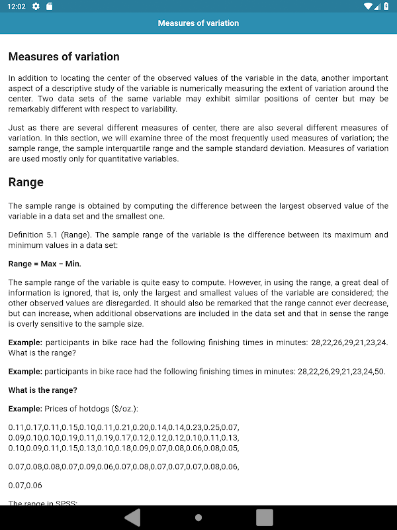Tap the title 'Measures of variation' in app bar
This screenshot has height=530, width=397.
click(198, 23)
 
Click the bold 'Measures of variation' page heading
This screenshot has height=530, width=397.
click(64, 57)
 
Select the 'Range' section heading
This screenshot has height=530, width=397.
click(26, 182)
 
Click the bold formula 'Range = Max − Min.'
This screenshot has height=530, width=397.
click(45, 264)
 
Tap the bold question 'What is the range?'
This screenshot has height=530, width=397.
click(43, 390)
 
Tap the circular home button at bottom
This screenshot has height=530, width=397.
click(198, 517)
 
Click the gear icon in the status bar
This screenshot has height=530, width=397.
click(36, 7)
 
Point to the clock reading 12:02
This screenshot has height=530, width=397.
click(17, 7)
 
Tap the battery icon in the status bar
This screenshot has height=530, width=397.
click(386, 7)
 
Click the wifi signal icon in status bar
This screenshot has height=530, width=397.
click(369, 7)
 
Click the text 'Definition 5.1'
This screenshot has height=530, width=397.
click(32, 235)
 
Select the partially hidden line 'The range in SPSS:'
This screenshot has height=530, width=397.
click(43, 503)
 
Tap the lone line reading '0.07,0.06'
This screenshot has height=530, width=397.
click(25, 485)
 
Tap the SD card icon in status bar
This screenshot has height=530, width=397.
click(49, 7)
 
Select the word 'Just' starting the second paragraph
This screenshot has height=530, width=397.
click(17, 128)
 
